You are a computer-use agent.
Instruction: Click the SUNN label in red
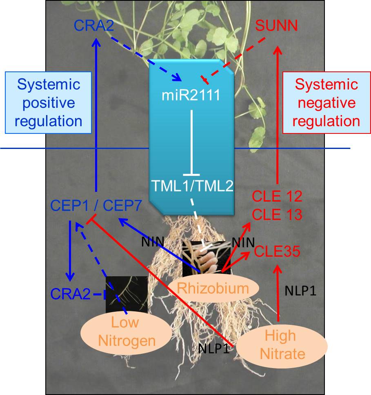276,27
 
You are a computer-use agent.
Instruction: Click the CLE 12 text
277,197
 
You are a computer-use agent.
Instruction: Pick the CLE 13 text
277,214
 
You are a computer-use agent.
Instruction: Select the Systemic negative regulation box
326,103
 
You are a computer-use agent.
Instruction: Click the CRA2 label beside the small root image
70,293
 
